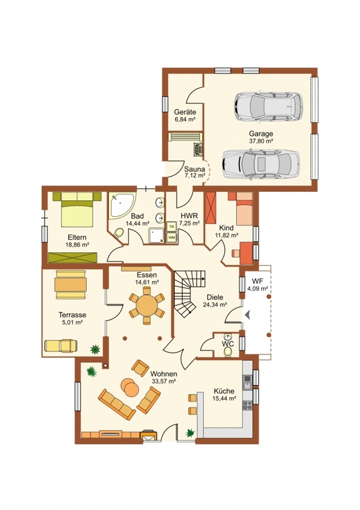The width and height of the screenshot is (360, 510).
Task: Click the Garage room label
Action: coord(261,133)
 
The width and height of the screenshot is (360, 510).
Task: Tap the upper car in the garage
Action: coord(268,107)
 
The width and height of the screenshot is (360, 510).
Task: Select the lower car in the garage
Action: coord(261,164)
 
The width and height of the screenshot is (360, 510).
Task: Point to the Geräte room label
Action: coord(185,112)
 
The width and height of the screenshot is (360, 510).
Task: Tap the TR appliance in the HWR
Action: coord(171,226)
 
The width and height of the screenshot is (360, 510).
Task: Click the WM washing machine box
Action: coord(171,237)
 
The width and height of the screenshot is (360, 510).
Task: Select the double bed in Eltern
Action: coord(77,209)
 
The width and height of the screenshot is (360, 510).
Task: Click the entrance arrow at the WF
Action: coord(248,314)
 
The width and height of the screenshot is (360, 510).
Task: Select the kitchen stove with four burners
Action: coord(247,405)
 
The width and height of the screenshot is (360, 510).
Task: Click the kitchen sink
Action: coord(247,382)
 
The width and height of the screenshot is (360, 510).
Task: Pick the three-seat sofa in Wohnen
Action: coord(117,404)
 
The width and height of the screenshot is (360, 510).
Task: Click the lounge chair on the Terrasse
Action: coord(61,346)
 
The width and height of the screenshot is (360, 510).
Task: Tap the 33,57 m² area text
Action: coord(164,381)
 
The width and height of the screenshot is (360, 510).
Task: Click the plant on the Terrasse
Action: coord(95,349)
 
